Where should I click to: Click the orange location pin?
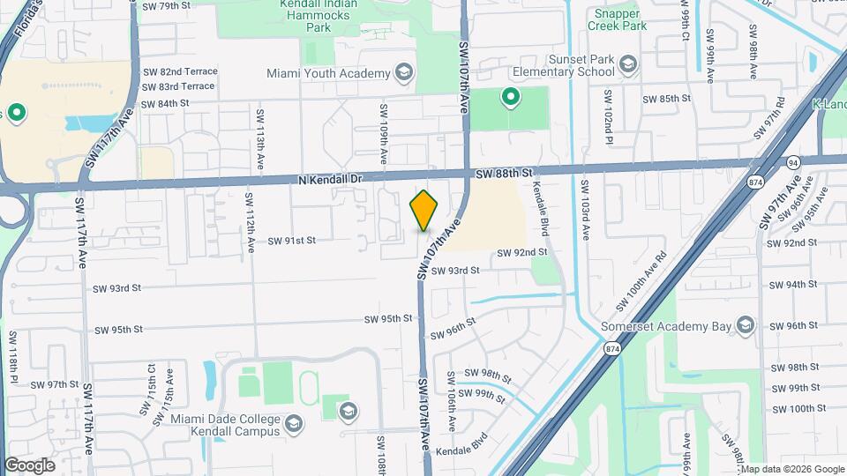(x=424, y=211)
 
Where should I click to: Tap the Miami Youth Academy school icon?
(x=404, y=71)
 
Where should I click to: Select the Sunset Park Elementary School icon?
(x=628, y=63)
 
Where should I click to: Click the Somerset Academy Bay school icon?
(x=746, y=326)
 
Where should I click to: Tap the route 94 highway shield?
(x=793, y=162)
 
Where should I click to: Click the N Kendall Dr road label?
(x=332, y=179)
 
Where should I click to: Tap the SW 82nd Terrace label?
(x=179, y=71)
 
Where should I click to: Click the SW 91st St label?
(x=291, y=239)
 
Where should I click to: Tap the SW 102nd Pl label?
(x=608, y=116)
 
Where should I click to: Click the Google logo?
(x=29, y=465)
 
